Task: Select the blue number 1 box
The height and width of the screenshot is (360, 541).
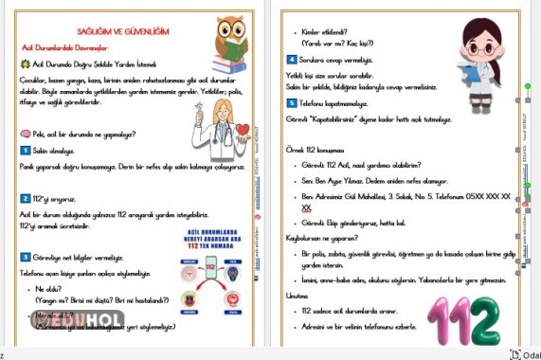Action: (25, 151)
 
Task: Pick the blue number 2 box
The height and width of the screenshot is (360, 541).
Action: (25, 198)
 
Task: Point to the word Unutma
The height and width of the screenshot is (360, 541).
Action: (299, 296)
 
